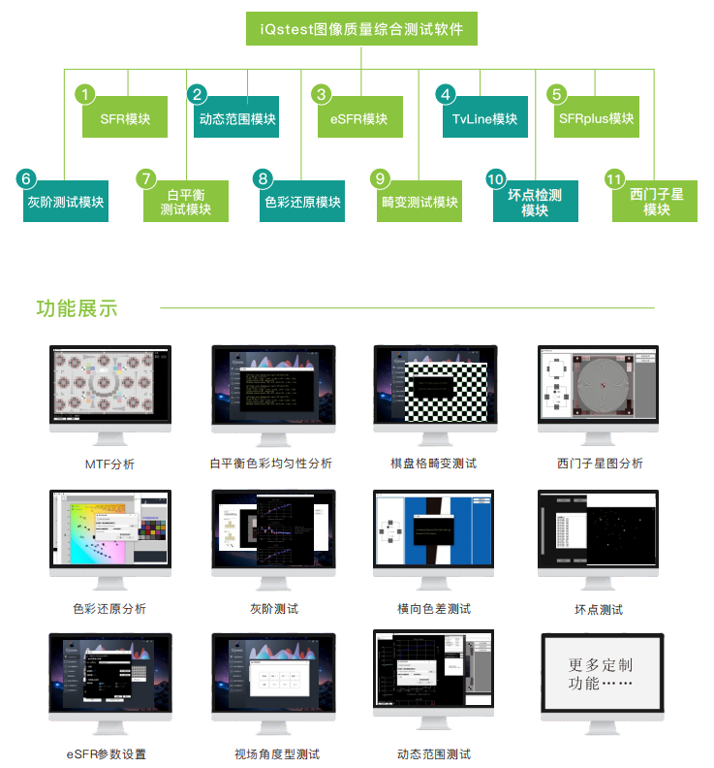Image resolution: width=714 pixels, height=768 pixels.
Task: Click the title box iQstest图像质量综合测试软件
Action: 361,29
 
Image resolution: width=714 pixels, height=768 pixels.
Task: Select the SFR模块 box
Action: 125,118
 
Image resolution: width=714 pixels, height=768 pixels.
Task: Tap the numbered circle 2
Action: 198,94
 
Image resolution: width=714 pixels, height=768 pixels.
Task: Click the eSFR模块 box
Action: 359,118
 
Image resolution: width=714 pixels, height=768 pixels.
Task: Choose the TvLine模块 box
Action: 484,118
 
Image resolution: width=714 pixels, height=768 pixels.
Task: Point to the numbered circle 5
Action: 556,94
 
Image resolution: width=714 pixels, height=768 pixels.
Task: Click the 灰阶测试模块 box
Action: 65,203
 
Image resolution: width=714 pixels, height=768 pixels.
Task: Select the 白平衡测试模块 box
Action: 185,202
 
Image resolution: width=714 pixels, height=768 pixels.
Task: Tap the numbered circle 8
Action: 264,178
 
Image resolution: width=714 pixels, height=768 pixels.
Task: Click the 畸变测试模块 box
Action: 419,203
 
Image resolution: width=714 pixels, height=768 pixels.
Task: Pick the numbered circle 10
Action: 496,179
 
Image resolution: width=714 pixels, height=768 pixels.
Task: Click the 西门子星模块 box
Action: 656,202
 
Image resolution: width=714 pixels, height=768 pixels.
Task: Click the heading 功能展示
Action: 77,308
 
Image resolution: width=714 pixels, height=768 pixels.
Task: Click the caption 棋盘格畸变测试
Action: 433,464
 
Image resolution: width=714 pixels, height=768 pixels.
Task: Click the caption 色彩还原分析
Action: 109,609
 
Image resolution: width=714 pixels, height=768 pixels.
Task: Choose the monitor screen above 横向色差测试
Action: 433,529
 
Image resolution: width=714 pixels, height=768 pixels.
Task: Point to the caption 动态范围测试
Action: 433,753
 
